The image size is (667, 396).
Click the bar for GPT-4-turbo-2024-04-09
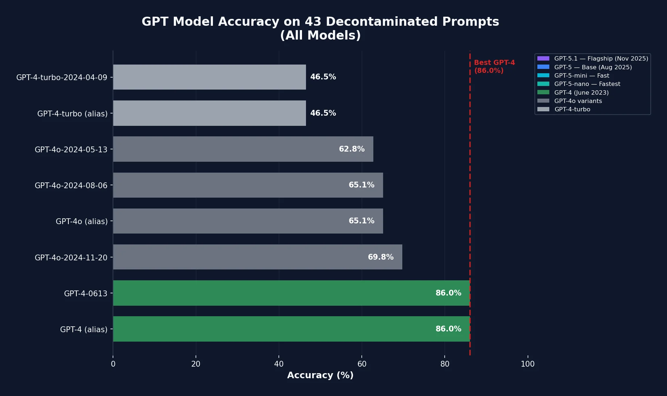point(209,77)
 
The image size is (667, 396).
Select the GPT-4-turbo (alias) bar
point(209,113)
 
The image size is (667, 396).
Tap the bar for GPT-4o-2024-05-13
point(243,149)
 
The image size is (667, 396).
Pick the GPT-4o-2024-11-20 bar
point(257,257)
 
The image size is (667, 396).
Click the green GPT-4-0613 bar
point(291,293)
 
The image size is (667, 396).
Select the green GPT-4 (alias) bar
point(291,329)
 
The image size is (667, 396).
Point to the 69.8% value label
point(380,257)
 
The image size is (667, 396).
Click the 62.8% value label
point(351,149)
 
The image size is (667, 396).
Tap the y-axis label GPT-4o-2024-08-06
point(71,186)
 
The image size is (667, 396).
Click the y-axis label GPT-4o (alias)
point(81,222)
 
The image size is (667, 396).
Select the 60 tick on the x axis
point(362,364)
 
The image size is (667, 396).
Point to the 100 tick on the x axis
point(527,364)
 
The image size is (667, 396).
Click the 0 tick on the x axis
point(113,364)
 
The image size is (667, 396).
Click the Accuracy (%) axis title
point(320,375)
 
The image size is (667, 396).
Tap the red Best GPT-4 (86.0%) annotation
point(494,67)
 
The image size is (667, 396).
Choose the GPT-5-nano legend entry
point(587,84)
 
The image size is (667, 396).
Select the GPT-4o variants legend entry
point(578,101)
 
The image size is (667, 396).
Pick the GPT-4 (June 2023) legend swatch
point(543,92)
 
